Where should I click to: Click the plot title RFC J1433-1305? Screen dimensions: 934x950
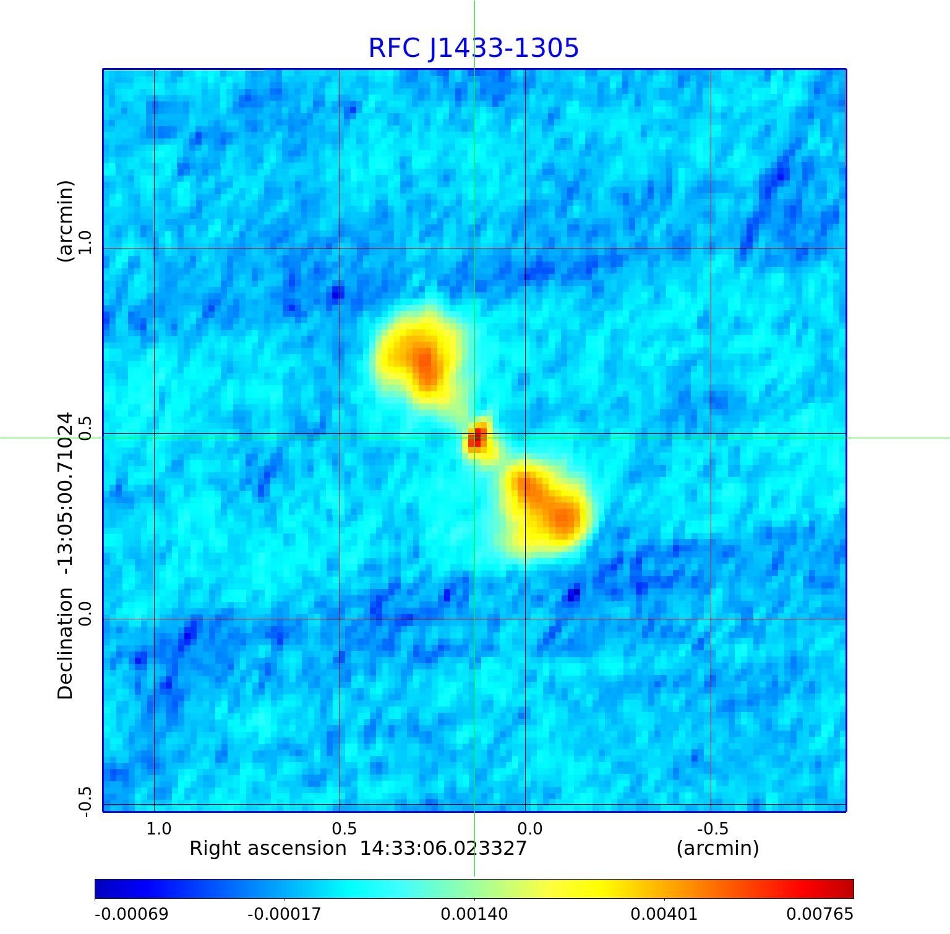click(x=473, y=48)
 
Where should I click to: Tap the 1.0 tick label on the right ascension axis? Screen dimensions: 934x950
click(x=159, y=828)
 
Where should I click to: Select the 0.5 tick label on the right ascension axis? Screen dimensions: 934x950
click(x=344, y=828)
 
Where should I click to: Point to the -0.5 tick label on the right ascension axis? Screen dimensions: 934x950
click(x=712, y=828)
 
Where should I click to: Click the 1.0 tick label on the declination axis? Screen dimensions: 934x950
click(x=85, y=242)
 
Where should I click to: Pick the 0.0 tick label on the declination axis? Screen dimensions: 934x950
click(x=85, y=613)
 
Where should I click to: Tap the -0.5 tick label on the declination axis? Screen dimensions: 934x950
click(x=85, y=801)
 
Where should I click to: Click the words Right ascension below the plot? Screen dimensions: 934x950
click(x=268, y=848)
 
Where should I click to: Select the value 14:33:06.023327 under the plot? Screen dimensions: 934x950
click(x=443, y=848)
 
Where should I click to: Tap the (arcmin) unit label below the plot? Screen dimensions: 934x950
click(x=717, y=848)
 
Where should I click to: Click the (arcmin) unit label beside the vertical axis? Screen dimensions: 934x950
click(x=66, y=221)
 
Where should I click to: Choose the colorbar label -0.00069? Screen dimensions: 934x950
click(x=131, y=914)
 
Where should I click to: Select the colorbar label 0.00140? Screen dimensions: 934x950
click(x=474, y=914)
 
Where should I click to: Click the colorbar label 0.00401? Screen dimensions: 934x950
click(x=664, y=914)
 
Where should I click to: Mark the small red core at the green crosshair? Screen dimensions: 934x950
click(x=477, y=439)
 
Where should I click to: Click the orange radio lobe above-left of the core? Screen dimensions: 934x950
click(x=422, y=361)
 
